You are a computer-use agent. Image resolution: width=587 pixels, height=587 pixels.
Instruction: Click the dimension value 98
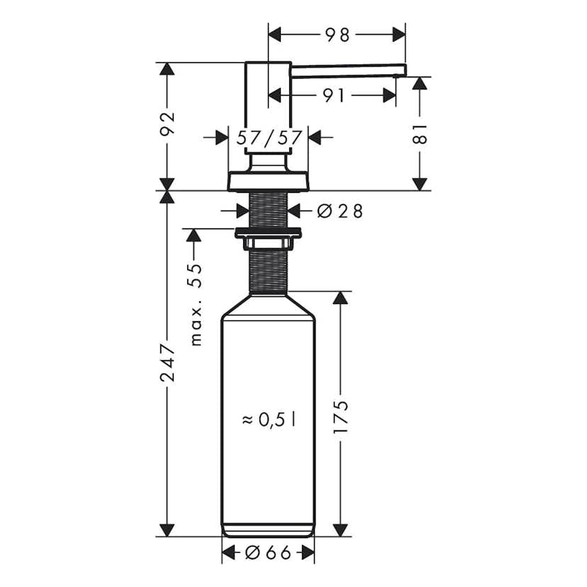coord(337,34)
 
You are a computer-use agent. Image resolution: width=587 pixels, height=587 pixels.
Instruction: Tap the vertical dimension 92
coord(167,125)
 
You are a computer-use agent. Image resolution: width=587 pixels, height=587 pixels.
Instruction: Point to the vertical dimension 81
coord(420,133)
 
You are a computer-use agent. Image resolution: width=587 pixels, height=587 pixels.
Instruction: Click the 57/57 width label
coord(269,138)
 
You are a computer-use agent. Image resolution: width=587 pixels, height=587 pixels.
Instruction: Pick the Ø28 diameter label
coord(340,211)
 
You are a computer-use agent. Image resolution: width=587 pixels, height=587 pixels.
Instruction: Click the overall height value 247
coord(167,362)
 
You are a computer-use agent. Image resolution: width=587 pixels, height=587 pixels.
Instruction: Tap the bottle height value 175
coord(341,417)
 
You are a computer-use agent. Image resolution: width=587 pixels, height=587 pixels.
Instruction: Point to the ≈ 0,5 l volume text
coord(269,420)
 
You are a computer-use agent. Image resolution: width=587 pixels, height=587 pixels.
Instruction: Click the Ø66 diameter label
coord(269,553)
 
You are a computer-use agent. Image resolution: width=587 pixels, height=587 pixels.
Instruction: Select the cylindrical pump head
coord(268,106)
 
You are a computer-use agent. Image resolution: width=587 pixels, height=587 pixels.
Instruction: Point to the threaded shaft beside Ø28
coord(268,210)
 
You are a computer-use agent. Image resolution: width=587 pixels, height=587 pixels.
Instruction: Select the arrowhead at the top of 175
coord(341,298)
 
